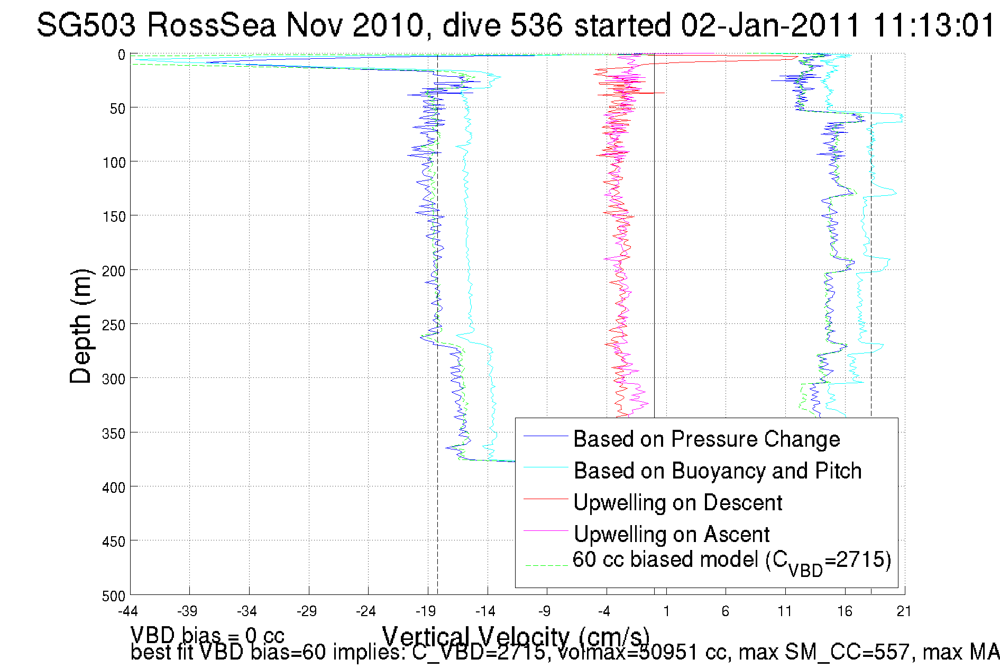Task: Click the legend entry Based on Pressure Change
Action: pyautogui.click(x=706, y=439)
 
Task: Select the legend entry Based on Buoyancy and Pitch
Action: pyautogui.click(x=717, y=471)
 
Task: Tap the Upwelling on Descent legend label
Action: pyautogui.click(x=677, y=503)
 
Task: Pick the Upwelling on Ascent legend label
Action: pyautogui.click(x=671, y=535)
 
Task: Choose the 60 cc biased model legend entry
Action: pyautogui.click(x=731, y=561)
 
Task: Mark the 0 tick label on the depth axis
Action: pyautogui.click(x=122, y=55)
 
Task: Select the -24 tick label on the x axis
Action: pyautogui.click(x=365, y=611)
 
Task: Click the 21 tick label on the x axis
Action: pyautogui.click(x=904, y=611)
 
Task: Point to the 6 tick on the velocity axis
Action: pyautogui.click(x=725, y=611)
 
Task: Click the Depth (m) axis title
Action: pyautogui.click(x=81, y=326)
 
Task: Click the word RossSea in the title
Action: pyautogui.click(x=212, y=25)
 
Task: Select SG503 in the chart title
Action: pyautogui.click(x=86, y=25)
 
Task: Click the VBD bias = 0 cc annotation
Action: pyautogui.click(x=207, y=635)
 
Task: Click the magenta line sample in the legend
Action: pyautogui.click(x=545, y=530)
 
